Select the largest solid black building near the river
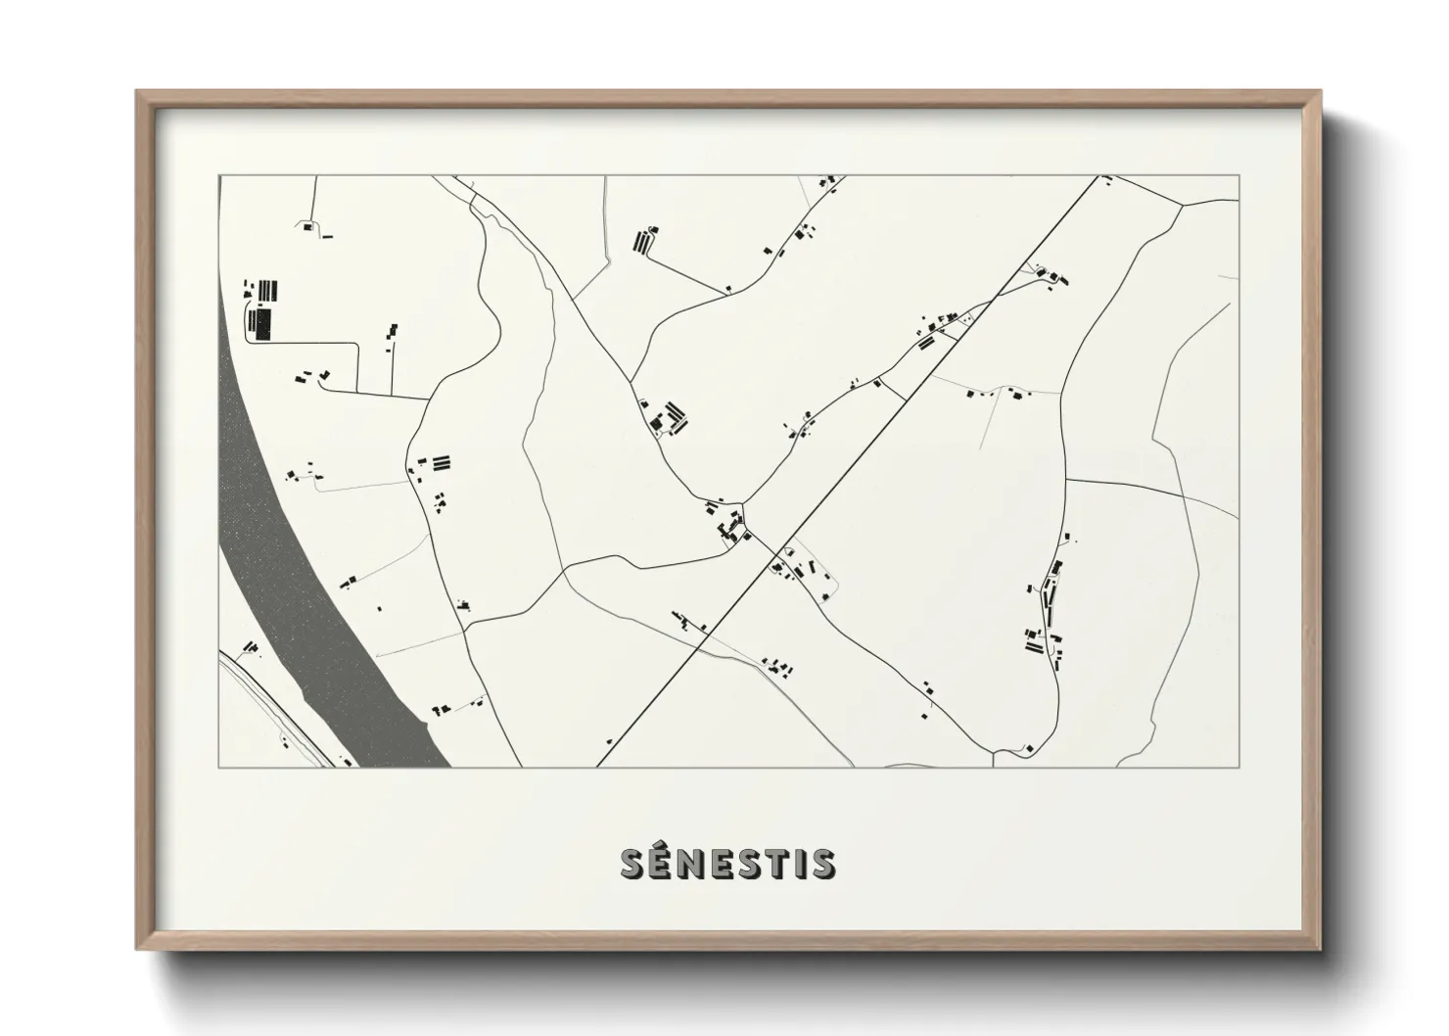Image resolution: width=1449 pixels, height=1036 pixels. (x=262, y=323)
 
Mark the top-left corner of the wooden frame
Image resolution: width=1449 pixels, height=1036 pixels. (x=137, y=91)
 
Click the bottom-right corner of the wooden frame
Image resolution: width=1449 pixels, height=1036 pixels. (x=1320, y=949)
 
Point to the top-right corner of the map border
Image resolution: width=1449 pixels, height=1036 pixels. (x=1239, y=176)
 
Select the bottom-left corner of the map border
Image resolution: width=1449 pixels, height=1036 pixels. (x=219, y=767)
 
